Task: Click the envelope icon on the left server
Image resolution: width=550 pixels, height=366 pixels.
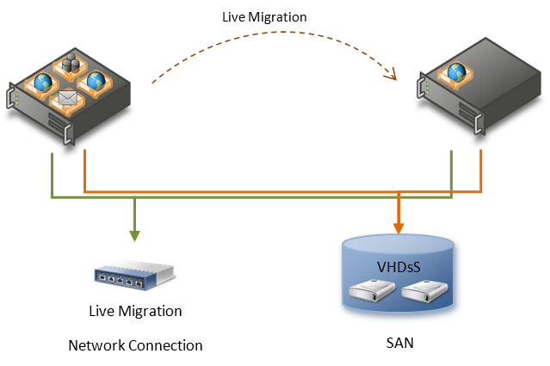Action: (67, 99)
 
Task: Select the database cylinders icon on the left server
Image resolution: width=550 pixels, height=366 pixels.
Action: (70, 64)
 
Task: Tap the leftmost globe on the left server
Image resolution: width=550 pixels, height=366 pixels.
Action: (42, 83)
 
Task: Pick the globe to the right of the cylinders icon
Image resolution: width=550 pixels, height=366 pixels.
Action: (96, 80)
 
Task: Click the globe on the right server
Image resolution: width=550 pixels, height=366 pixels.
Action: (455, 72)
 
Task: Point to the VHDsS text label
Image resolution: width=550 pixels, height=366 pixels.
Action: (398, 266)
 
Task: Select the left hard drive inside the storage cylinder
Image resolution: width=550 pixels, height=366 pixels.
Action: (371, 293)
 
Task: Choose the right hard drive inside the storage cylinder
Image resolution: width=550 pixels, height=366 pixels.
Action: (426, 293)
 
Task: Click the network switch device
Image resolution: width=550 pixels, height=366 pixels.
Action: (133, 274)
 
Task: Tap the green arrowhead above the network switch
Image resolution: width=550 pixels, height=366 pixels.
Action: (134, 235)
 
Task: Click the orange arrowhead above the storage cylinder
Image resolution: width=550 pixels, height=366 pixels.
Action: (399, 227)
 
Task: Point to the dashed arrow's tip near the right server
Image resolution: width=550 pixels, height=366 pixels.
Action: (393, 77)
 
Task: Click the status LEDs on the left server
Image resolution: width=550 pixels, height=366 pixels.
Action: (16, 94)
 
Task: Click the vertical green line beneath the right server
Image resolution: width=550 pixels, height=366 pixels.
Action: (452, 173)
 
